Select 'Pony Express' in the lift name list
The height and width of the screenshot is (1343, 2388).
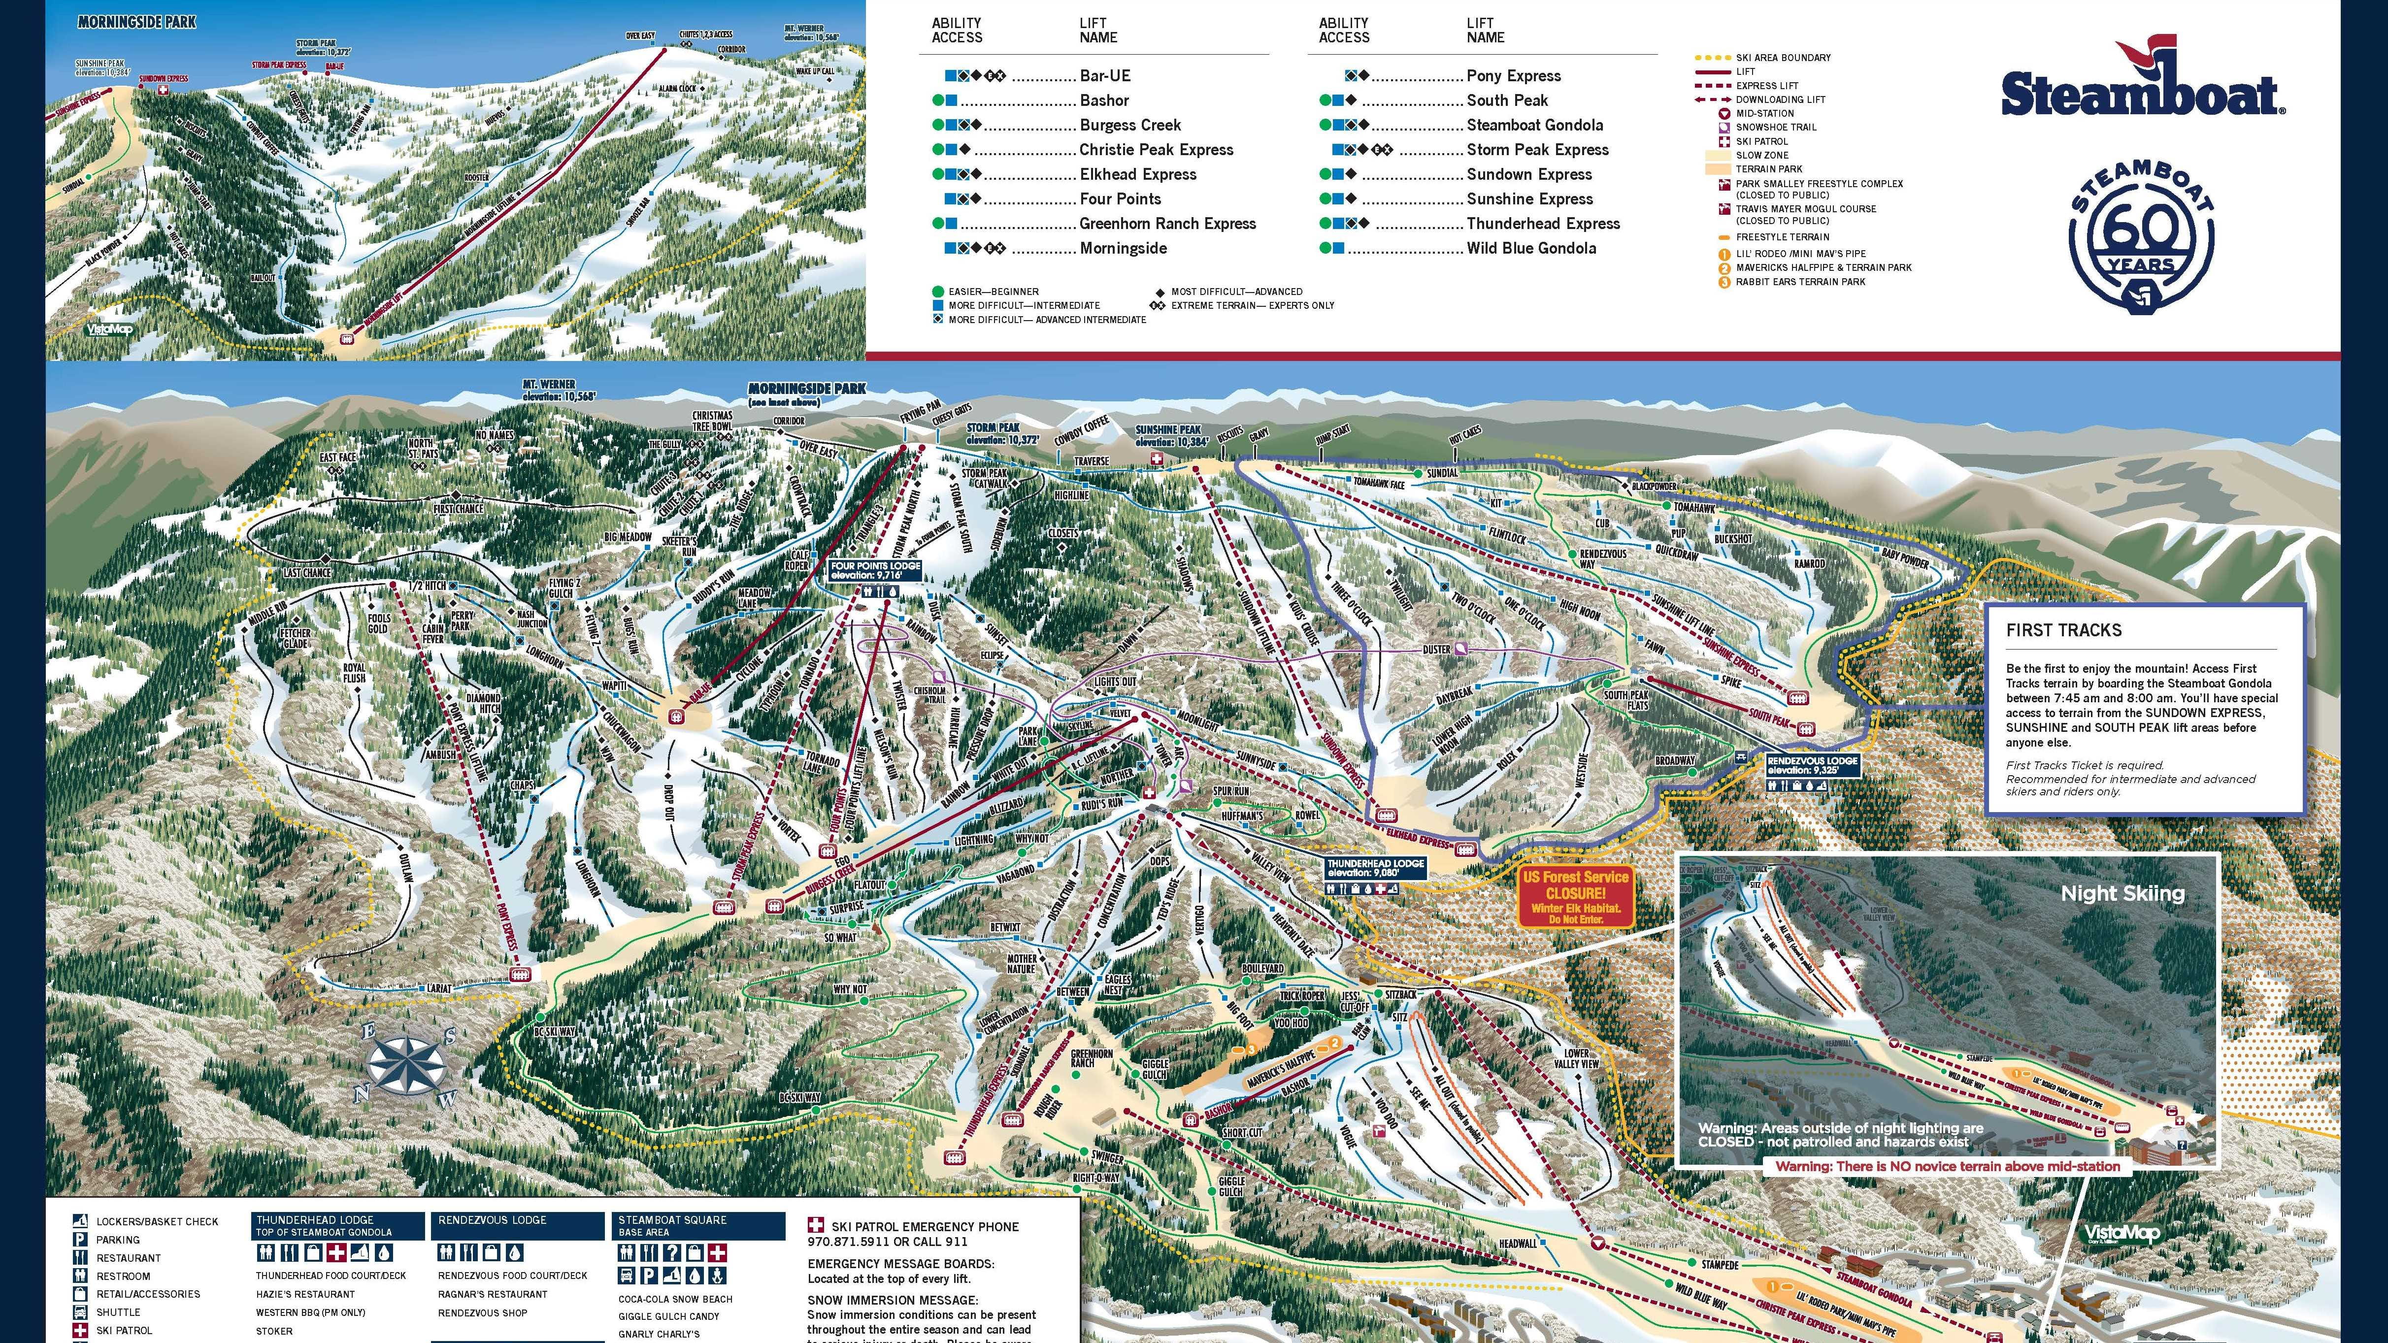click(1513, 76)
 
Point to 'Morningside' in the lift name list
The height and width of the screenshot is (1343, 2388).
click(1123, 248)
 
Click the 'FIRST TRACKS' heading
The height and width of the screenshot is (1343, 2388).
click(2063, 630)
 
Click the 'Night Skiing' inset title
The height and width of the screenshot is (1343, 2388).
click(2122, 893)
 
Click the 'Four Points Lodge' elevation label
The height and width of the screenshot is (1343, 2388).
click(875, 570)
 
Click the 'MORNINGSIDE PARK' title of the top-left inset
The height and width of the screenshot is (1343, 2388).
click(136, 21)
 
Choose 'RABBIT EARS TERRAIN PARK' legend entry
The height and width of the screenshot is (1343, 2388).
click(1799, 282)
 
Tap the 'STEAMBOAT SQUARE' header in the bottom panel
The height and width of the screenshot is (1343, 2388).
click(672, 1220)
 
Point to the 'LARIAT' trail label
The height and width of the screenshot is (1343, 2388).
click(438, 988)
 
